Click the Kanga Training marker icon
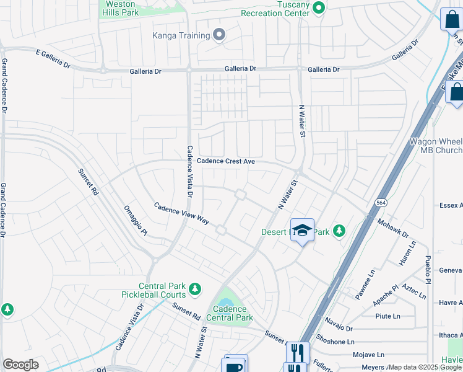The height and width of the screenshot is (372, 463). (219, 35)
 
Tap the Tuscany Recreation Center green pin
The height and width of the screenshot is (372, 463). (319, 8)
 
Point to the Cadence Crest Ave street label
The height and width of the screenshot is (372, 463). (226, 161)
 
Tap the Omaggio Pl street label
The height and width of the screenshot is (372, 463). (136, 221)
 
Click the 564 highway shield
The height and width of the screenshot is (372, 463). (381, 203)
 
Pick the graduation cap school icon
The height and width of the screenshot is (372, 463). (301, 230)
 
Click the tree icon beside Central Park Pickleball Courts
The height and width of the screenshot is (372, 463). (195, 289)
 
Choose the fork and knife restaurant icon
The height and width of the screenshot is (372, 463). (297, 353)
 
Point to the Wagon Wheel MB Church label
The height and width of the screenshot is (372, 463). (436, 146)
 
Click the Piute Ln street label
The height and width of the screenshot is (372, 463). (387, 316)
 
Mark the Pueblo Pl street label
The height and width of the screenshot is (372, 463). (428, 267)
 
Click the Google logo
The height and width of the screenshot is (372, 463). (20, 365)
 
